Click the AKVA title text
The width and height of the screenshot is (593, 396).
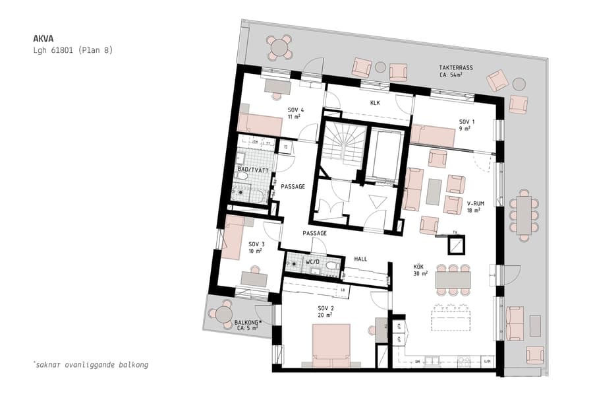[x=43, y=38]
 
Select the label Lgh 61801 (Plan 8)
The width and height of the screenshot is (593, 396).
[x=72, y=50]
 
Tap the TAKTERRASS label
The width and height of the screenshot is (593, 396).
[x=455, y=69]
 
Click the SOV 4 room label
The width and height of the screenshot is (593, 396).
[x=295, y=110]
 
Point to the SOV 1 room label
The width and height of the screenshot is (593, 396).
[x=466, y=122]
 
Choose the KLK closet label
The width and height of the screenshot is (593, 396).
[x=375, y=103]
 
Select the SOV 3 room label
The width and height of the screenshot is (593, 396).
[x=256, y=244]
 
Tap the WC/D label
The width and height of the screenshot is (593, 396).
[x=312, y=262]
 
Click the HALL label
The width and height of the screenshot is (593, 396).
[x=360, y=259]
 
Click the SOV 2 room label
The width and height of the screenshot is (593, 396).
[x=326, y=308]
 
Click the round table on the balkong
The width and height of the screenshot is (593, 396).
[x=225, y=314]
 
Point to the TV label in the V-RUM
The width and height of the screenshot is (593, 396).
[x=455, y=232]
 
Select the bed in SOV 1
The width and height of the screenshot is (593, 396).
[x=433, y=136]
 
